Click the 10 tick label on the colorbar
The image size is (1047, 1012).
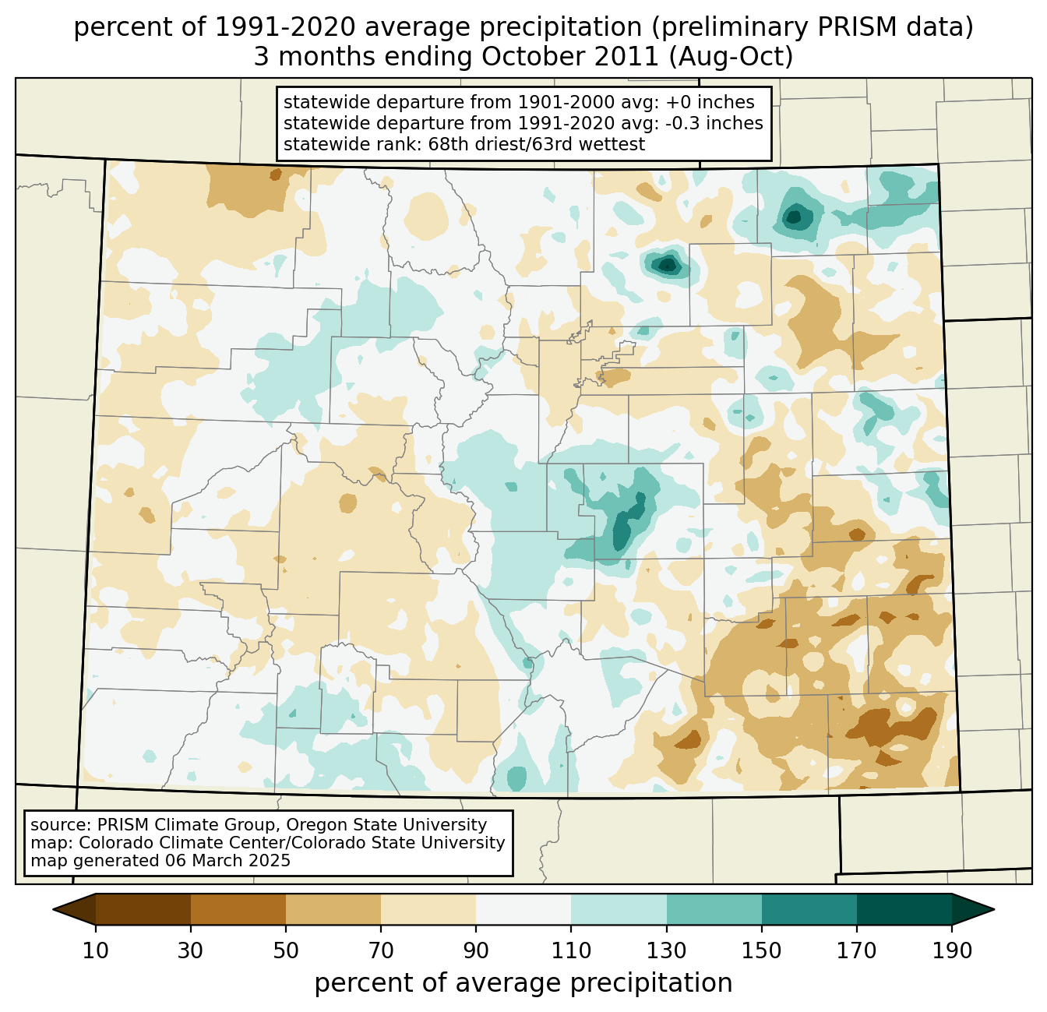click(x=96, y=950)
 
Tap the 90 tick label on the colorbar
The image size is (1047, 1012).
click(x=476, y=950)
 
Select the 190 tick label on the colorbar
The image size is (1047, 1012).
click(x=952, y=950)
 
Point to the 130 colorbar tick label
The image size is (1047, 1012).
click(x=666, y=950)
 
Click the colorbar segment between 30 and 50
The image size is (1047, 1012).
click(x=238, y=909)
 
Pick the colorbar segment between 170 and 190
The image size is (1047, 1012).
click(x=904, y=909)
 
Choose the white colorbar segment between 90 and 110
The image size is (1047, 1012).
click(x=523, y=909)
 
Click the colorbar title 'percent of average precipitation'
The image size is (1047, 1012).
click(x=523, y=982)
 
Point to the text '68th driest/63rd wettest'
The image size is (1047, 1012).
click(x=536, y=144)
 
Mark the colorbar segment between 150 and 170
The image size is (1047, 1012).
click(x=809, y=909)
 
